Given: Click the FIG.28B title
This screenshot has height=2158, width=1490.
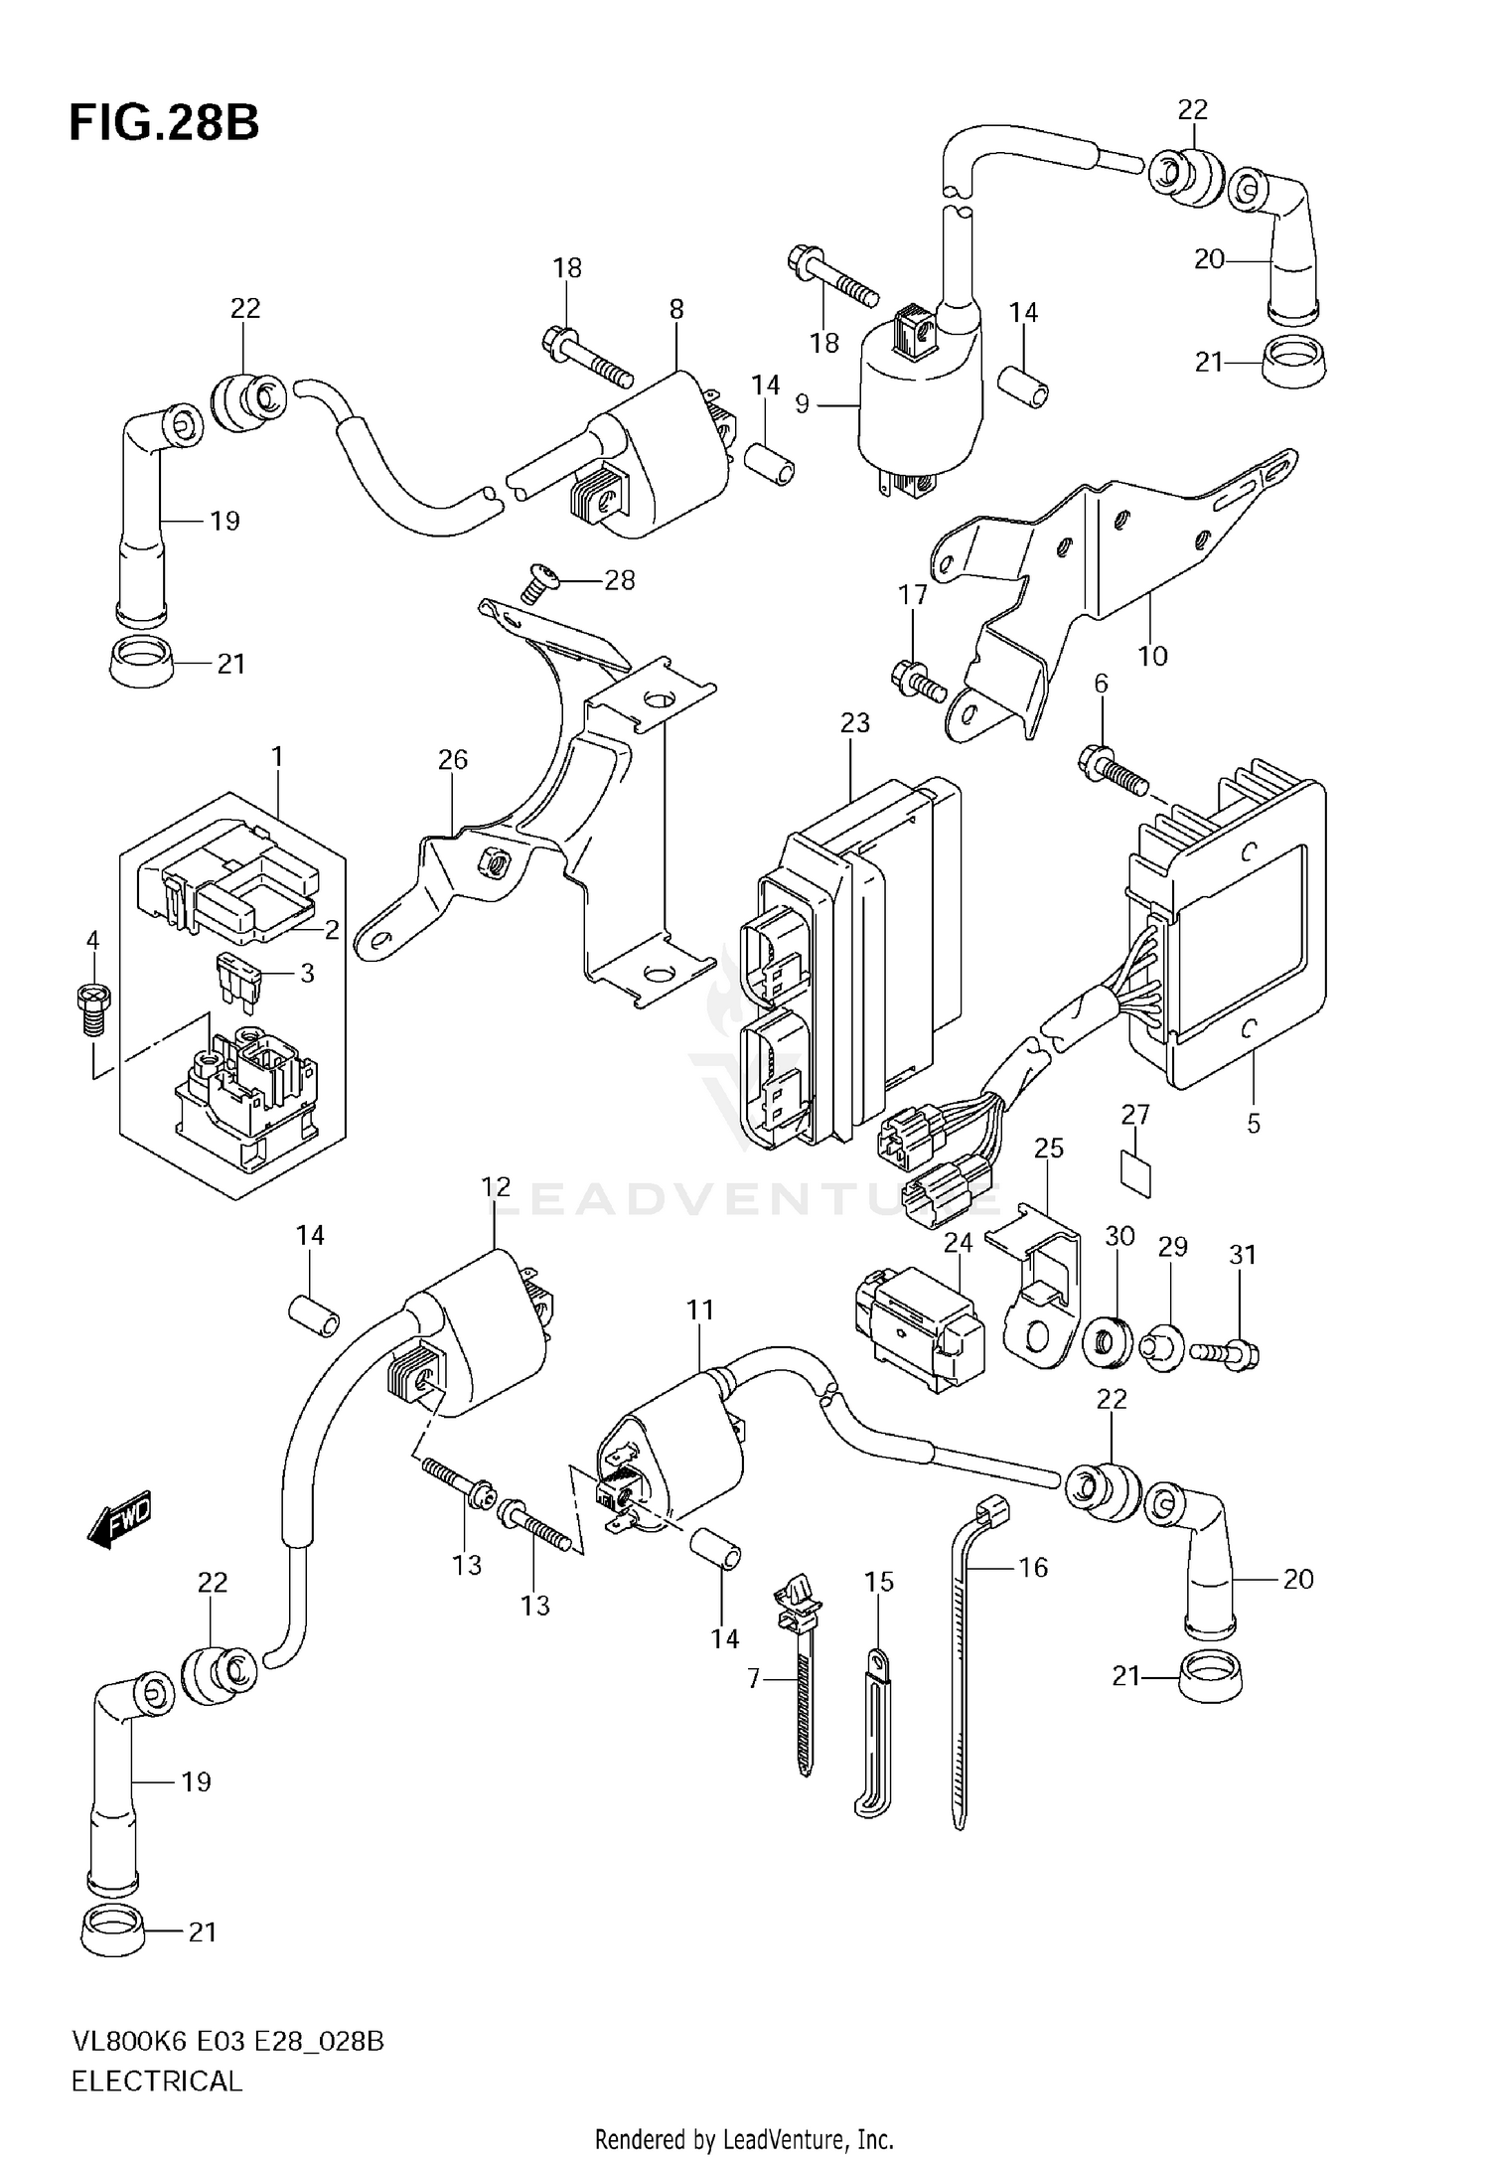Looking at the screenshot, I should click(x=164, y=124).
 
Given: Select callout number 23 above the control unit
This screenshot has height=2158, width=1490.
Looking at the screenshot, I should click(x=854, y=723).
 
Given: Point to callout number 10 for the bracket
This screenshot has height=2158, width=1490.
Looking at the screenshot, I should click(x=1152, y=656).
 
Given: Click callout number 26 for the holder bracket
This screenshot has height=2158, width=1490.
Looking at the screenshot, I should click(x=452, y=760).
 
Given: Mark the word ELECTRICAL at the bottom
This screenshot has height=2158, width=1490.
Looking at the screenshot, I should click(x=157, y=2081).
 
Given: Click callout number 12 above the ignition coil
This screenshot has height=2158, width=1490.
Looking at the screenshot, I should click(x=496, y=1186).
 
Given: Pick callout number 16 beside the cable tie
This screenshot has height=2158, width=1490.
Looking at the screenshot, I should click(x=1033, y=1567).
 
